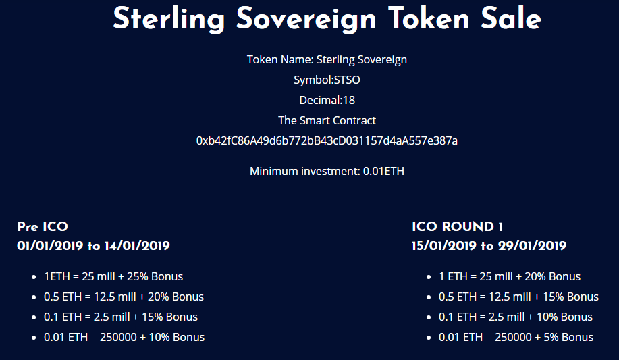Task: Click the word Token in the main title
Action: tap(428, 18)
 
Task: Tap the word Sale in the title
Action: tap(511, 18)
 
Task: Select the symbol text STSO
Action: tap(347, 80)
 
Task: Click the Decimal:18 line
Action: tap(327, 100)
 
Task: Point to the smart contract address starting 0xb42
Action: tap(327, 140)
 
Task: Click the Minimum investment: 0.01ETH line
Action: tap(327, 171)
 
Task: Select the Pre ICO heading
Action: tap(43, 226)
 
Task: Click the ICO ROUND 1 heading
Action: tap(457, 226)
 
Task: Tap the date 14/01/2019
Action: tap(137, 246)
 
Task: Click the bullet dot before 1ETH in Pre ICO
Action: tap(34, 277)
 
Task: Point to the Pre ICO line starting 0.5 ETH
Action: tap(124, 297)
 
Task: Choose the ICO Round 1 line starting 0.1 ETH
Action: tap(516, 317)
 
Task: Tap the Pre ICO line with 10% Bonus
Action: tap(124, 338)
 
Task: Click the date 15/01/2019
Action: tap(444, 246)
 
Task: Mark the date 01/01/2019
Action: tap(50, 246)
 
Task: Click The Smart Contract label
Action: tap(327, 120)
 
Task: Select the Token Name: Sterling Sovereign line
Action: tap(327, 59)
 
